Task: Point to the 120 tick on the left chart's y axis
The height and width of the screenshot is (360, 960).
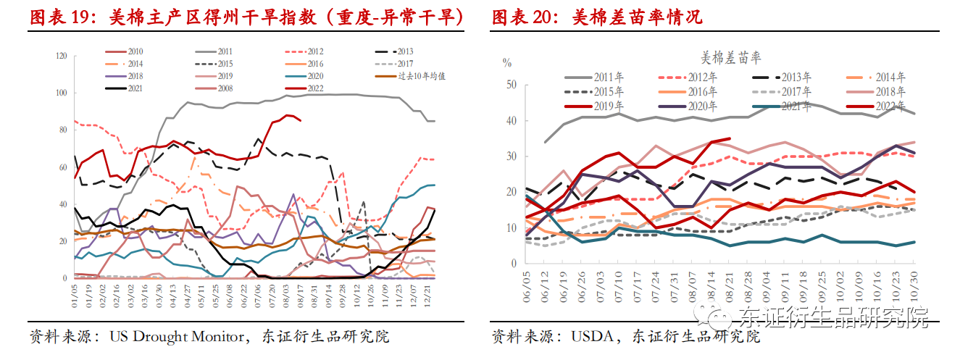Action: [x=61, y=56]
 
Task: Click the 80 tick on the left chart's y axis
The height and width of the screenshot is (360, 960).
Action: [x=63, y=130]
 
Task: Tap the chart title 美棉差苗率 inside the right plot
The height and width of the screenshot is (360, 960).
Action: [x=731, y=57]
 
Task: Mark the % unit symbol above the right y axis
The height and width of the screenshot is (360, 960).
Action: [x=507, y=62]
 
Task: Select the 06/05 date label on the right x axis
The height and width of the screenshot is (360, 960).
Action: [x=527, y=295]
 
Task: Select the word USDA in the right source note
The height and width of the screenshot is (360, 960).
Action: [x=592, y=337]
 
